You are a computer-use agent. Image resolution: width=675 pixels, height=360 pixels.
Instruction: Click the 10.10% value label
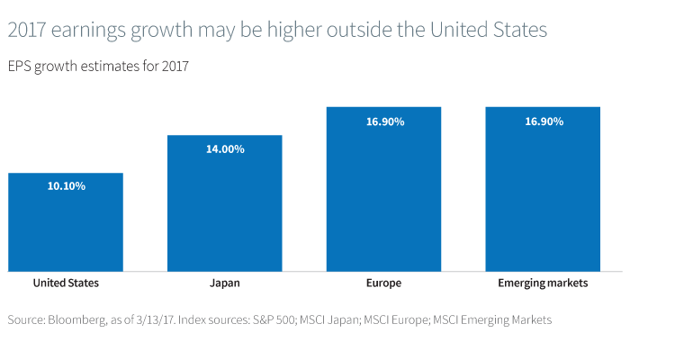[x=66, y=186]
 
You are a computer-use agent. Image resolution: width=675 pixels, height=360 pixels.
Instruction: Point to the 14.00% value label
[x=225, y=149]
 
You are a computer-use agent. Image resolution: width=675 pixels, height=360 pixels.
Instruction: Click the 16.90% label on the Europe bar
[x=383, y=121]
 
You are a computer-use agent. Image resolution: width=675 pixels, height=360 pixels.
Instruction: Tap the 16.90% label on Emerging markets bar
[x=543, y=121]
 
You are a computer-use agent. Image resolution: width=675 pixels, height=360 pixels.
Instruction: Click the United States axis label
[x=66, y=283]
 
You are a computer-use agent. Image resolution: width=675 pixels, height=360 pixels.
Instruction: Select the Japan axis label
[x=225, y=283]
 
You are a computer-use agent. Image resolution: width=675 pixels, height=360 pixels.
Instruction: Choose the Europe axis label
[x=383, y=283]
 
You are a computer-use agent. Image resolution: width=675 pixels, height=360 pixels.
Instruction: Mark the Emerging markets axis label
[x=543, y=283]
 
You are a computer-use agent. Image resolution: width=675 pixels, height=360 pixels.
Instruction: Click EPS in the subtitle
[x=18, y=67]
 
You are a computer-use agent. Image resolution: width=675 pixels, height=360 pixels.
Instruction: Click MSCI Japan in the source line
[x=331, y=320]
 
